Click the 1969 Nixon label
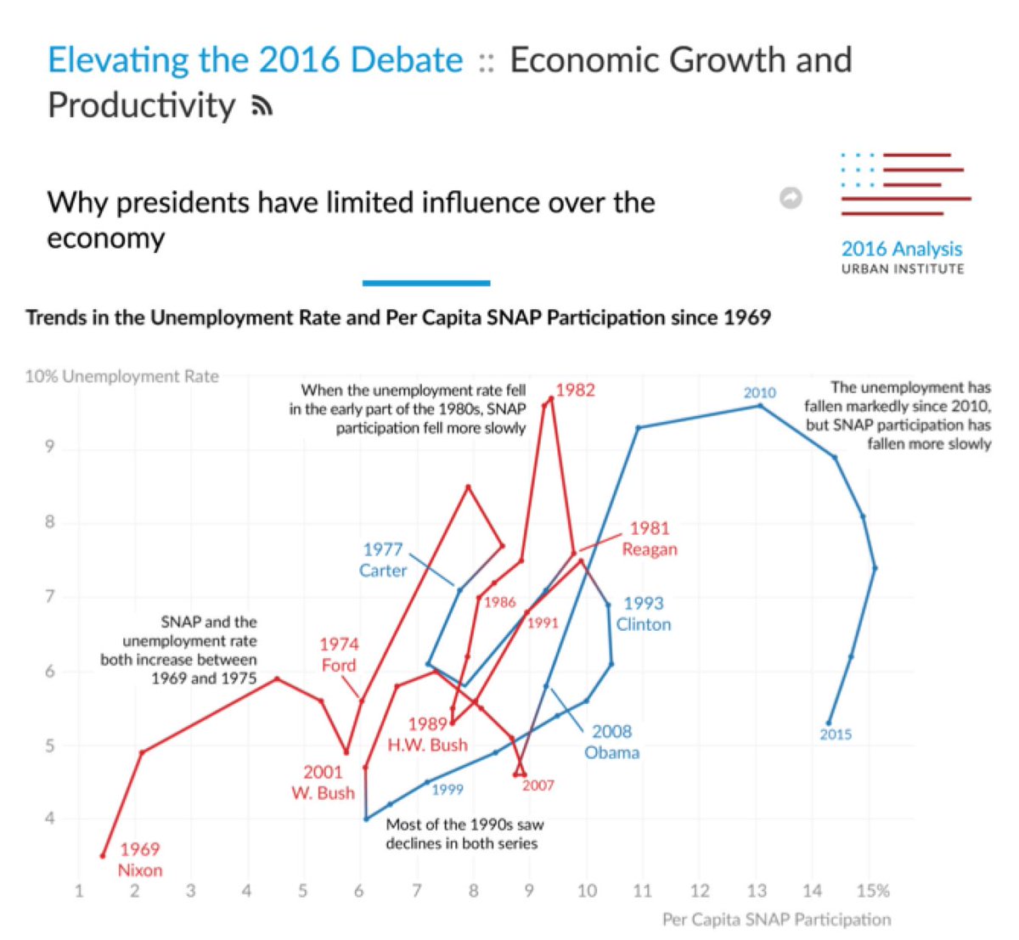click(x=139, y=859)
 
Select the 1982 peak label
click(x=575, y=390)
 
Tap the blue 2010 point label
click(x=759, y=392)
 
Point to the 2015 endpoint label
click(x=836, y=735)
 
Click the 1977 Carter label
click(x=382, y=560)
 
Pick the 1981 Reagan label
click(x=650, y=538)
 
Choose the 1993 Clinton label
click(x=644, y=613)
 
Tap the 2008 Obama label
click(x=611, y=741)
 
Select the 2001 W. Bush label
click(x=323, y=782)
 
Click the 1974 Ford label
click(x=339, y=655)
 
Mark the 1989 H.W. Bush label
click(x=427, y=735)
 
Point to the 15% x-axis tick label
click(x=873, y=891)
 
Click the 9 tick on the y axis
click(x=50, y=447)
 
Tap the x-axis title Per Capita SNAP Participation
click(x=776, y=920)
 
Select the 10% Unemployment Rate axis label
click(x=122, y=376)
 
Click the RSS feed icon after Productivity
click(x=262, y=106)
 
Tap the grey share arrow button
click(x=791, y=198)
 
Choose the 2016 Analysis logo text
click(x=902, y=249)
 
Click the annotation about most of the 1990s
click(x=464, y=833)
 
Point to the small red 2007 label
click(x=538, y=785)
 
